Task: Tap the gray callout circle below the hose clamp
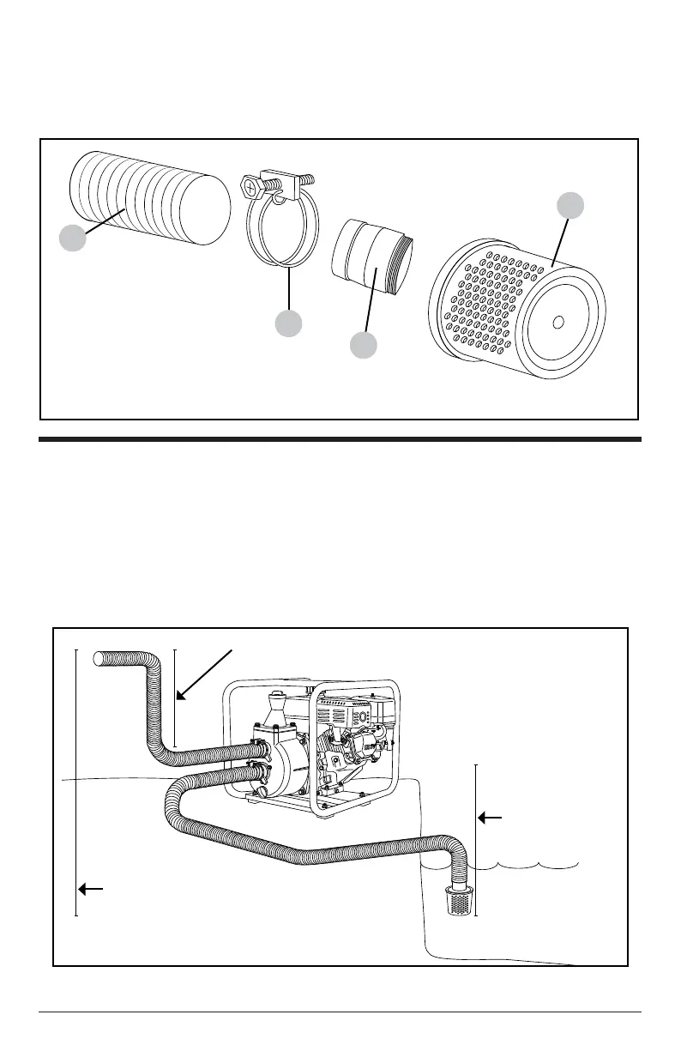(288, 324)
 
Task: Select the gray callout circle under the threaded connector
(365, 346)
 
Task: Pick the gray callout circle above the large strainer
(570, 205)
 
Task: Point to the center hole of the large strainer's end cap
(557, 322)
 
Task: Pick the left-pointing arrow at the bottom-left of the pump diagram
(89, 889)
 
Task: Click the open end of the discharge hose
(98, 658)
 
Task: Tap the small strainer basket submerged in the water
(460, 901)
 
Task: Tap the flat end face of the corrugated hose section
(207, 209)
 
